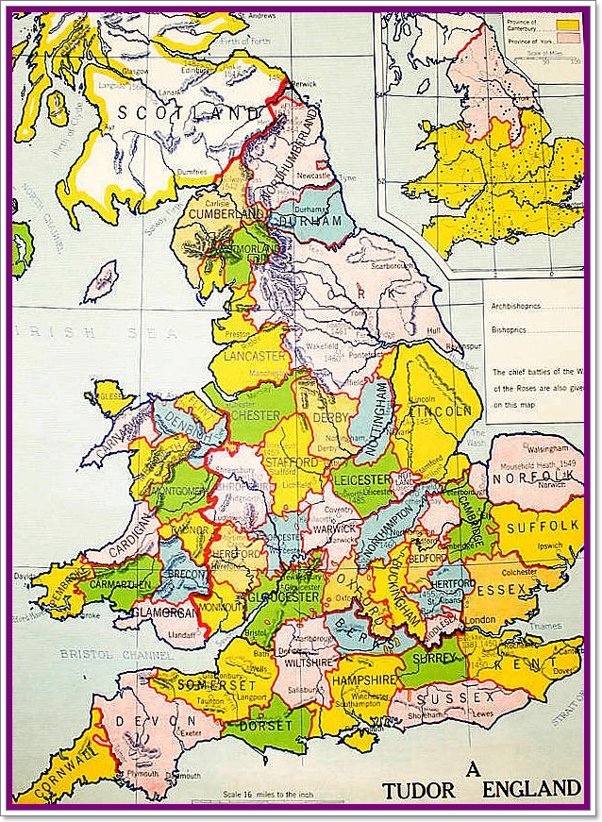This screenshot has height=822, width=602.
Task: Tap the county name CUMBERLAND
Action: [x=226, y=214]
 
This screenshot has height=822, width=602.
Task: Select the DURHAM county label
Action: [x=310, y=221]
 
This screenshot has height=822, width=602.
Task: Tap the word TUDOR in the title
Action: [x=416, y=791]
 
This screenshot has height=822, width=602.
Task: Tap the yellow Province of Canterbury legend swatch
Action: [x=567, y=23]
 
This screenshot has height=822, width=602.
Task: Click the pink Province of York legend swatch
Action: [x=567, y=37]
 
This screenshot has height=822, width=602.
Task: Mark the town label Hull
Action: [x=433, y=331]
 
